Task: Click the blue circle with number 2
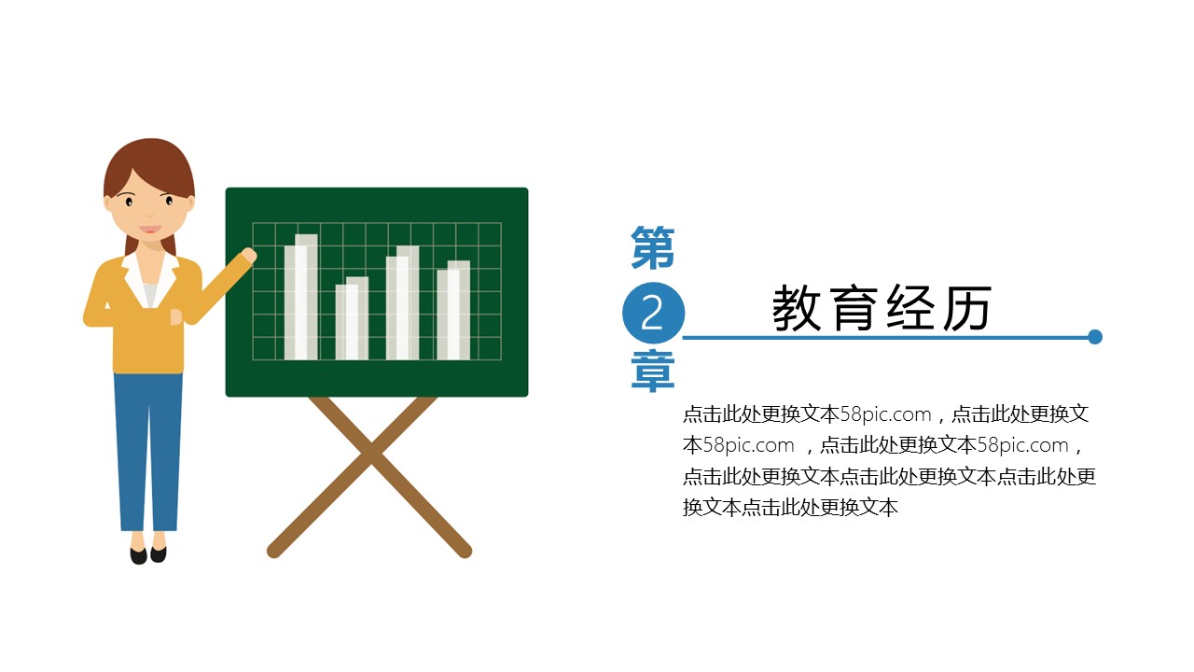(653, 313)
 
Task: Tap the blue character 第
(653, 247)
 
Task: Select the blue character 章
(653, 371)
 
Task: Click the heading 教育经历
(882, 308)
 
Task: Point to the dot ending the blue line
(1095, 337)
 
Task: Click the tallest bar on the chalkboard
(301, 297)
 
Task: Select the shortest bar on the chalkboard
(352, 318)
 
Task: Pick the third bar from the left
(402, 303)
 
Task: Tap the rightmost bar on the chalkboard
(453, 310)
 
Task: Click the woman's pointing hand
(248, 256)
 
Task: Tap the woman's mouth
(150, 230)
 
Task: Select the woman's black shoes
(148, 554)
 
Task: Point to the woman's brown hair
(150, 165)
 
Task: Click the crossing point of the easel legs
(371, 457)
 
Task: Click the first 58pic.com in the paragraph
(885, 414)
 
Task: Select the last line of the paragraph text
(790, 507)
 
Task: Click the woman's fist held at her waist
(176, 316)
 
